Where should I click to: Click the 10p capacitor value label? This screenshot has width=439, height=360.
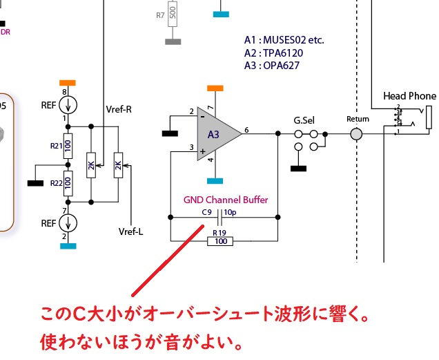point(231,212)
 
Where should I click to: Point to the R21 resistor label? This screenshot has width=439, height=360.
point(57,146)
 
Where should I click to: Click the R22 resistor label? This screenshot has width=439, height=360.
point(57,182)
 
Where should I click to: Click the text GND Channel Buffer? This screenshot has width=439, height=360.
point(226,200)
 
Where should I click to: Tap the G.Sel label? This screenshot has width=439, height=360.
point(304,120)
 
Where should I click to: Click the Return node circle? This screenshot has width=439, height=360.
point(356,133)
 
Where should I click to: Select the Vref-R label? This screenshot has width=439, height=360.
point(119,108)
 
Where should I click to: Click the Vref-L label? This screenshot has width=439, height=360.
point(130,231)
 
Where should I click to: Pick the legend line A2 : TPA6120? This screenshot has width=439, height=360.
point(273,53)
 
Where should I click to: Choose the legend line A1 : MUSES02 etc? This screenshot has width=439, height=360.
point(284,40)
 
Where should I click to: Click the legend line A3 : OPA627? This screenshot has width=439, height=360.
point(272,66)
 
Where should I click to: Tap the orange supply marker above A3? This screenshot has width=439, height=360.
point(215,88)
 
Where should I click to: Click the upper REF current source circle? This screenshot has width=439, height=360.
point(68,105)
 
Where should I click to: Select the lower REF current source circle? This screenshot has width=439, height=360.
point(68,223)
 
